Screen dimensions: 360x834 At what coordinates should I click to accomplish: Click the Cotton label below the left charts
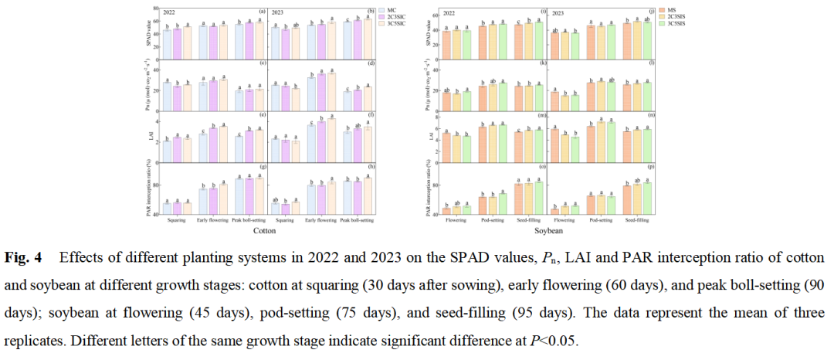(x=266, y=230)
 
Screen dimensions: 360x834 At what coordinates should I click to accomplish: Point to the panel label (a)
(x=263, y=12)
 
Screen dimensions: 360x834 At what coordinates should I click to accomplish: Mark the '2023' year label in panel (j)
(x=558, y=12)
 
